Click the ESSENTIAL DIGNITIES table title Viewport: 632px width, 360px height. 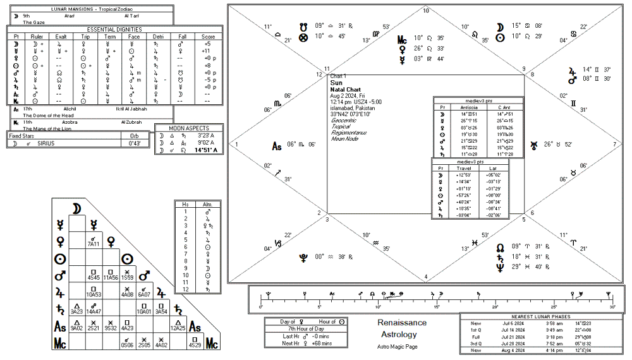tap(114, 29)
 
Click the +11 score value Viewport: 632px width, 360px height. tap(205, 51)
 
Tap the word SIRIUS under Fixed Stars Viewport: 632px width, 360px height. tap(46, 143)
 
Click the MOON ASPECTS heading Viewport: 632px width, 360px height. tap(188, 128)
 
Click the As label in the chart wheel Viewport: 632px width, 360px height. tap(276, 147)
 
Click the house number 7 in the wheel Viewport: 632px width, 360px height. tap(614, 145)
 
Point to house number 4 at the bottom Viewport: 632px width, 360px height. tap(426, 276)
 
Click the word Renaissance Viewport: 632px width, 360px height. tap(402, 323)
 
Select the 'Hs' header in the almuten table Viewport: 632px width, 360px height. tap(186, 205)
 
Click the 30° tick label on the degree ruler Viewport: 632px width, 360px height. tap(612, 307)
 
